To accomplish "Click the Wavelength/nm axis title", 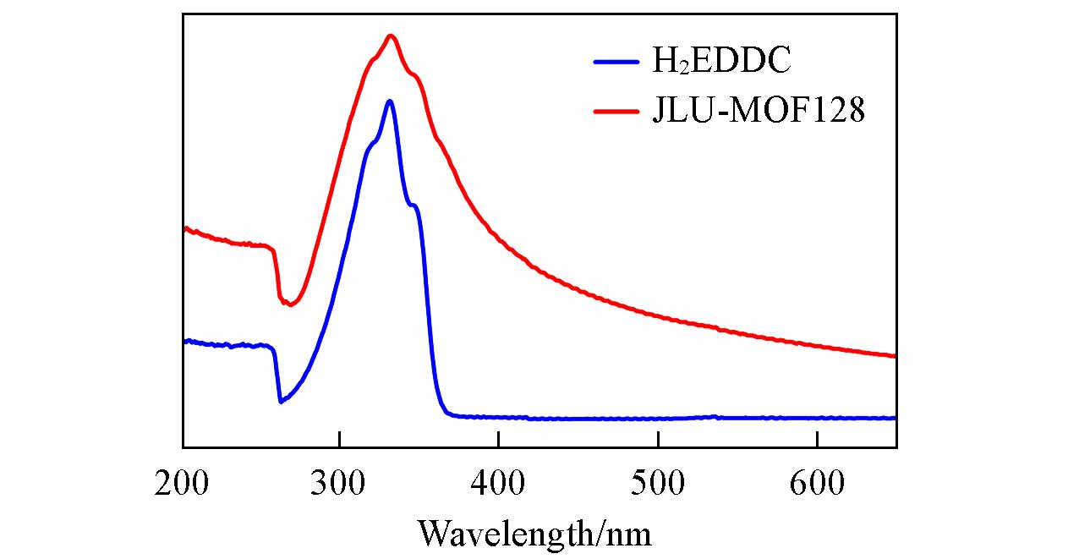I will click(x=534, y=533).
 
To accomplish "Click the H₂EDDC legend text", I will click(x=720, y=61).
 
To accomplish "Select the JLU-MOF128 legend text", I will click(x=759, y=111).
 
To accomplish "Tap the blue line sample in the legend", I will click(x=616, y=61).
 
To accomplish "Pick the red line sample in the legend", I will click(x=616, y=111).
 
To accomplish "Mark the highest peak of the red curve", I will click(x=390, y=36).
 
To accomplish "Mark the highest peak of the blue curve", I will click(x=389, y=101).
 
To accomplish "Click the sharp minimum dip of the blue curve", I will click(x=281, y=402).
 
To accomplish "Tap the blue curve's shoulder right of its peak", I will click(x=413, y=205).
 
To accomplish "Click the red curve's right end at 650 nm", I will click(x=895, y=356).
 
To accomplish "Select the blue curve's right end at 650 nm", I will click(x=895, y=418).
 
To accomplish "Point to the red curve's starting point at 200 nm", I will click(x=184, y=228).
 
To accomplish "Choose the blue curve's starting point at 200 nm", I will click(x=184, y=341).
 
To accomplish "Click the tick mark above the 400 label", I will click(x=498, y=441).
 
